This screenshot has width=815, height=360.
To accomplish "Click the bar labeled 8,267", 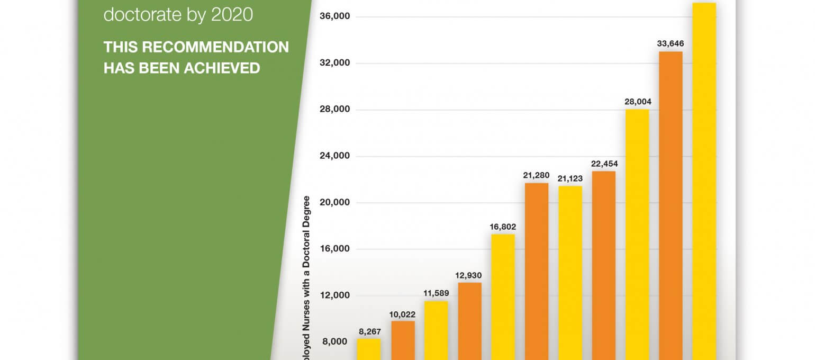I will (369, 349).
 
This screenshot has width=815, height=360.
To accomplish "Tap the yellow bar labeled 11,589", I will (436, 330).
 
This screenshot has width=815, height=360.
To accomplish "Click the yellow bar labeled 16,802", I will (503, 297).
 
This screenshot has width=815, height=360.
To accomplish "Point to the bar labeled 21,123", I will (570, 273).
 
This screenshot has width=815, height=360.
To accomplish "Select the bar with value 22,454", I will (604, 265).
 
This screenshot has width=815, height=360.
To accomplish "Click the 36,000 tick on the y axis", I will (335, 17).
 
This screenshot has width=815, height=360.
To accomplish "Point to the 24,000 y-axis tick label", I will (335, 156).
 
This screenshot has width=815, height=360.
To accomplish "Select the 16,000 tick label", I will (335, 249).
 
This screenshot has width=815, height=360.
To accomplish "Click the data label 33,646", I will (671, 43).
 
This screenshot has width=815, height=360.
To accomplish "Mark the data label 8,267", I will (369, 332).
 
